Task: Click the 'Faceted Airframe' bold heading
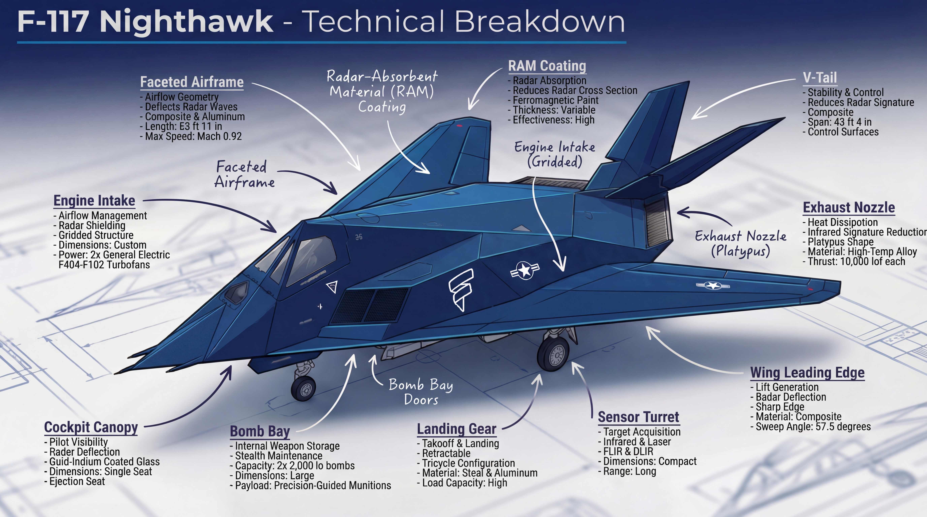tap(192, 82)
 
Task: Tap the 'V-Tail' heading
tap(820, 78)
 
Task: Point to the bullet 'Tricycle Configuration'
tap(468, 463)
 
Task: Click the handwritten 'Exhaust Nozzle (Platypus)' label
tap(741, 243)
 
